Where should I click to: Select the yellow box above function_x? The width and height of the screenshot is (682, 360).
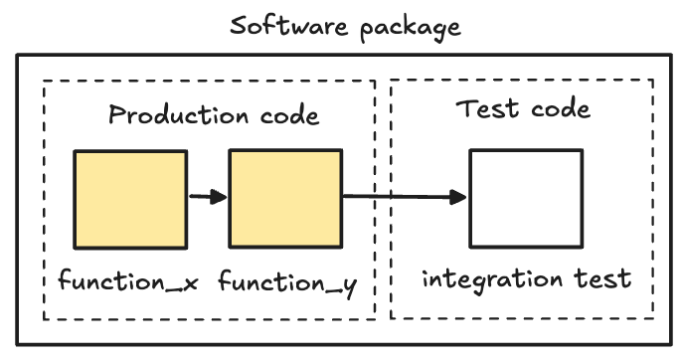pos(129,198)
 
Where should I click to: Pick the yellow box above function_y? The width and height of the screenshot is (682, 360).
pos(286,198)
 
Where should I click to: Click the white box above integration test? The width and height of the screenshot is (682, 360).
pos(525,198)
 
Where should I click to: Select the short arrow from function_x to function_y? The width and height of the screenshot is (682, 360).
pos(205,197)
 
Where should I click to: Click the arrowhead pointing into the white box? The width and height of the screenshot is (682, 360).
pos(458,197)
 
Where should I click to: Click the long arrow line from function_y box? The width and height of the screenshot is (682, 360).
pos(398,197)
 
